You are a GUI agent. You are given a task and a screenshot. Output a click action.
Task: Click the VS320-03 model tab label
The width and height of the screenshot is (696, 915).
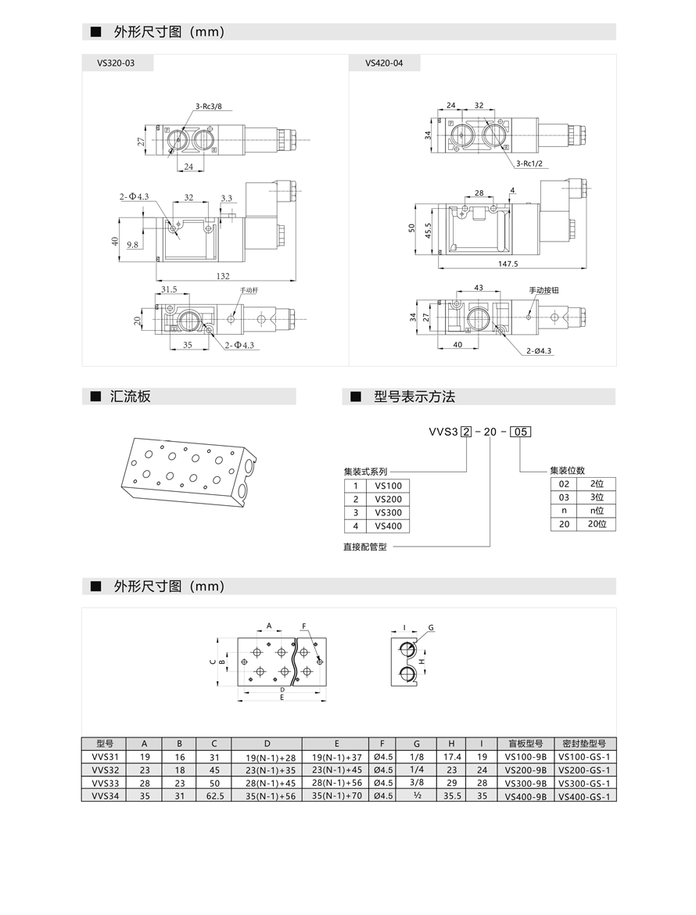116,63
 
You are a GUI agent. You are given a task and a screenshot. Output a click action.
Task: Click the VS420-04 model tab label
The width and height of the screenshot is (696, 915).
384,63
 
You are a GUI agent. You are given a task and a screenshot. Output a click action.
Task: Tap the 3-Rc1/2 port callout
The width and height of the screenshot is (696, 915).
529,163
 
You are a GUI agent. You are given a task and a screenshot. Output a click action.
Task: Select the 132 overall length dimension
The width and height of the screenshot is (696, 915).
223,275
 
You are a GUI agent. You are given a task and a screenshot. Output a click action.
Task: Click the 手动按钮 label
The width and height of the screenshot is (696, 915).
544,290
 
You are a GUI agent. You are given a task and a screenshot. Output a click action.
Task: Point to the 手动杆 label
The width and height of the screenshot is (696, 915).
249,290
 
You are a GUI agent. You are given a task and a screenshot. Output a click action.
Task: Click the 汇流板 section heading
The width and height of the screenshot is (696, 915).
130,396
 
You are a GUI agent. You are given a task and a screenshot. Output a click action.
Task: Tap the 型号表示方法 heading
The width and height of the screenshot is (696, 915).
414,396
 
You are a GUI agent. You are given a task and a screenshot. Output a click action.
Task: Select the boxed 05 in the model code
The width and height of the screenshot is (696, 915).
521,431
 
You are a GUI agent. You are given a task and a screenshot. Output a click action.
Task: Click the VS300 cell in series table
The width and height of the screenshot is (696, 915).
388,512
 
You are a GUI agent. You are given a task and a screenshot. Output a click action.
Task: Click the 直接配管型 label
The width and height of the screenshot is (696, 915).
365,547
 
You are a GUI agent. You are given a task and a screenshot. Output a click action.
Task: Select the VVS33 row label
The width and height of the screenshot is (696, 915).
105,784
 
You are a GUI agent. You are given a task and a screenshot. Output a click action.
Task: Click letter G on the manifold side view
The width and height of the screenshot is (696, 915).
431,628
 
